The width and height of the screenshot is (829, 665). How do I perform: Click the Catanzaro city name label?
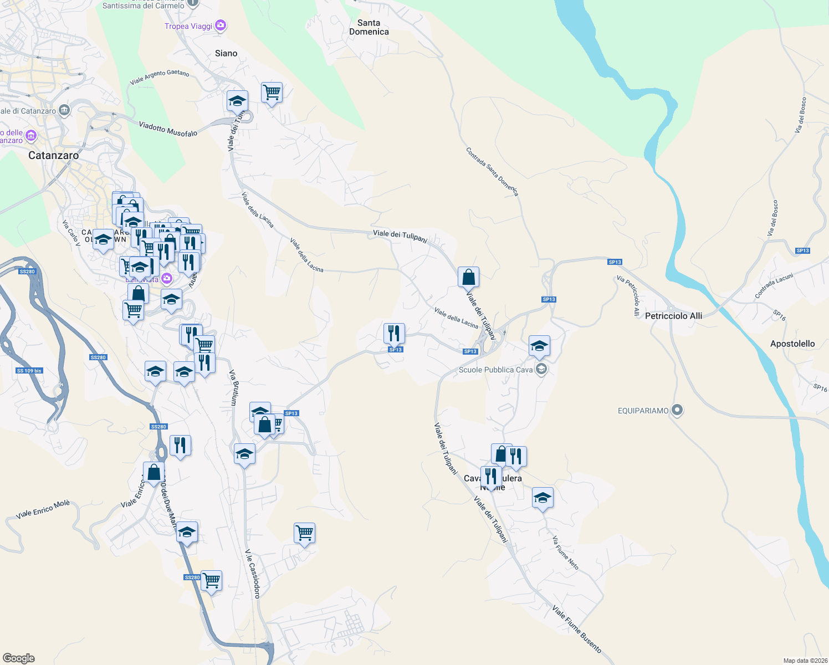(x=54, y=156)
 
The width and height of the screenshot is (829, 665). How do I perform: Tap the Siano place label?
(x=226, y=53)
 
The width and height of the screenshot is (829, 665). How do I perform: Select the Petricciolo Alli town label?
(x=673, y=316)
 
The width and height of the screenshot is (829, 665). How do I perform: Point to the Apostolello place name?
(x=792, y=344)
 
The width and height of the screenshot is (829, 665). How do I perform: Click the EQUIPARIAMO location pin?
(x=677, y=411)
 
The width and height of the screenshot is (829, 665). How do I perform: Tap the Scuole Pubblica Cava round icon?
(x=541, y=370)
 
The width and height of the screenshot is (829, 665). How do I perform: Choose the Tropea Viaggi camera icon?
(x=221, y=25)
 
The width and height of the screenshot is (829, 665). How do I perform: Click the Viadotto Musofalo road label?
(x=168, y=130)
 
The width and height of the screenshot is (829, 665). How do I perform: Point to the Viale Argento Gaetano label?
(x=160, y=77)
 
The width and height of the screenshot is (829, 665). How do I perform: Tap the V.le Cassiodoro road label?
(x=253, y=574)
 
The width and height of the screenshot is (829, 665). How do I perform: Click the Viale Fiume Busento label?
(x=576, y=629)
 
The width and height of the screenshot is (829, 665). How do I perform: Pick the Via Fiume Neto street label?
(x=565, y=553)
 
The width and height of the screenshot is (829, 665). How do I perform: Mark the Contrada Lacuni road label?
(x=774, y=286)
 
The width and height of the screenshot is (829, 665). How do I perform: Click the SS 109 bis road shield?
(x=29, y=371)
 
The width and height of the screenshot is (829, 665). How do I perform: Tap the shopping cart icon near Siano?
(x=272, y=93)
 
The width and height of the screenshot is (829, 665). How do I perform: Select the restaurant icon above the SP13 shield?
(x=394, y=333)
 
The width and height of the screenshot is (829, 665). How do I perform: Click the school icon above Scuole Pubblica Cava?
(x=539, y=346)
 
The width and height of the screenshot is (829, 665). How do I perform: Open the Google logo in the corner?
(x=19, y=658)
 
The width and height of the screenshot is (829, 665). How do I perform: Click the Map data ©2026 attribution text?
(x=805, y=661)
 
